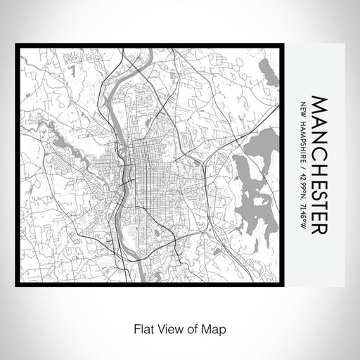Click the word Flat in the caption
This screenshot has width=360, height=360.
141,328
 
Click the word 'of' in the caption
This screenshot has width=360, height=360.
192,328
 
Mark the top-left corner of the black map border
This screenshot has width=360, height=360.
17,47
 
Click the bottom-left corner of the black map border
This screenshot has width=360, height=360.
17,284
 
